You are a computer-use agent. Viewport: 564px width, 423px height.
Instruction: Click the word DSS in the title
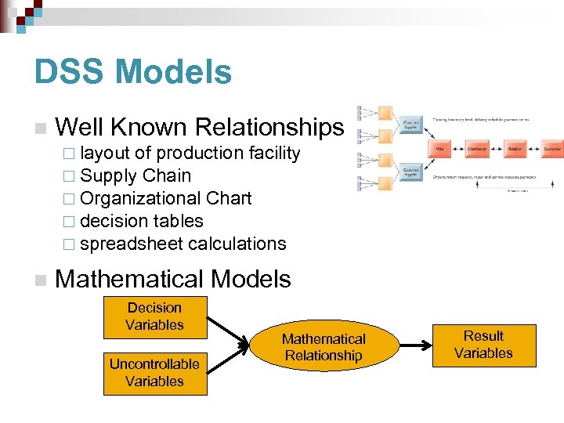pyautogui.click(x=67, y=72)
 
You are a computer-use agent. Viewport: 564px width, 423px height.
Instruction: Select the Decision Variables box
pyautogui.click(x=154, y=316)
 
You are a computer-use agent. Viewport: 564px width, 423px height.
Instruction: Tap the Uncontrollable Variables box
pyautogui.click(x=154, y=373)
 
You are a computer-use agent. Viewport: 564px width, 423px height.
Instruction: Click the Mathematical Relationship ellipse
pyautogui.click(x=324, y=347)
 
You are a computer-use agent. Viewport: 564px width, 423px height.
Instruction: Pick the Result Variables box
pyautogui.click(x=483, y=345)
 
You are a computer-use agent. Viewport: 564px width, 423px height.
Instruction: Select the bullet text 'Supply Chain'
pyautogui.click(x=136, y=175)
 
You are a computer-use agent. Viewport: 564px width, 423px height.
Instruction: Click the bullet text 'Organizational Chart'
pyautogui.click(x=166, y=198)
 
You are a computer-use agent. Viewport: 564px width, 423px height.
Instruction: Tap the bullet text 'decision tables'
pyautogui.click(x=142, y=221)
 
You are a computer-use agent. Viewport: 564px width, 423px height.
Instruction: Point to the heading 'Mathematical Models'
pyautogui.click(x=173, y=279)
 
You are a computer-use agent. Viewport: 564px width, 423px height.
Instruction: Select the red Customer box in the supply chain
pyautogui.click(x=553, y=147)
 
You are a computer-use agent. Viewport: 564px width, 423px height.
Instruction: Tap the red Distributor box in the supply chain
pyautogui.click(x=477, y=147)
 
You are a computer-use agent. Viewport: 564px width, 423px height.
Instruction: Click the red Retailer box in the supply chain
pyautogui.click(x=515, y=147)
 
